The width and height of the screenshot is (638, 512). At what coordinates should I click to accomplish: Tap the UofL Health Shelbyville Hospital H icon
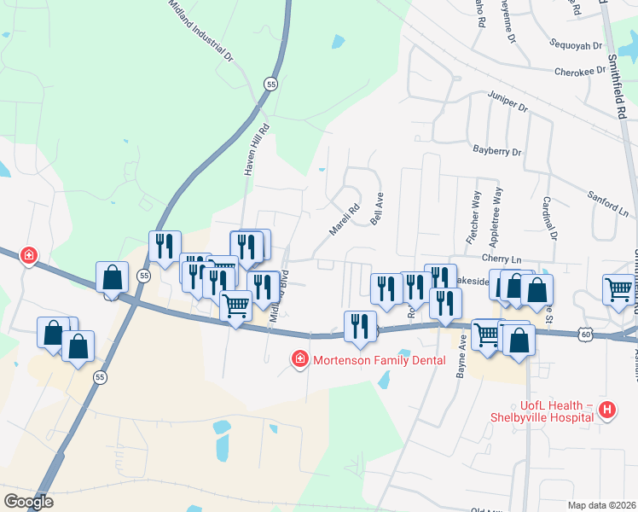607,410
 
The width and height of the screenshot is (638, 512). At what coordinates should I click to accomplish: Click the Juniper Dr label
507,102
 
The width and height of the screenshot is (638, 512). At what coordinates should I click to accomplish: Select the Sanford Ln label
607,202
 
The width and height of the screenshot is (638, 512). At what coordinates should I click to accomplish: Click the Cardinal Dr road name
548,218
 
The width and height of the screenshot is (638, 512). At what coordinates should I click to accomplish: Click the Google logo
28,501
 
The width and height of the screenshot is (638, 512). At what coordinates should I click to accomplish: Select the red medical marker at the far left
28,255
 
